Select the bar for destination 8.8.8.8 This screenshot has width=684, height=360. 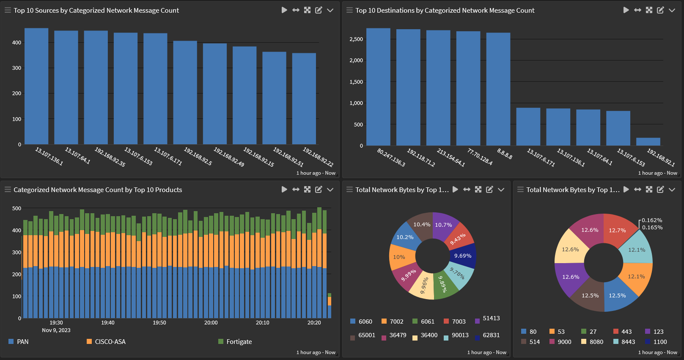point(498,89)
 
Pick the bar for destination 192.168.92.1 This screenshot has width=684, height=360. point(648,142)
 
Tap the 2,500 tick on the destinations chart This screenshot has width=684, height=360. point(356,39)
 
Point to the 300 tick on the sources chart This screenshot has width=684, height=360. point(16,68)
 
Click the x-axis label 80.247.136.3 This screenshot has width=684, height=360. point(391,157)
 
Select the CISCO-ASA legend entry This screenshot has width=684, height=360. point(110,342)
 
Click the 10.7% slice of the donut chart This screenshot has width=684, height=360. point(443,225)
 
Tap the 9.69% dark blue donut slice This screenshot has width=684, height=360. point(462,256)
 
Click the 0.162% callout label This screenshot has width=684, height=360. point(652,220)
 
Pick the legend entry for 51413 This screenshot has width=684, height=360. point(491,319)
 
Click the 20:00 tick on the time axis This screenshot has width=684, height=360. point(211,323)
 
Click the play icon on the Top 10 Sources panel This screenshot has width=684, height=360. point(284,10)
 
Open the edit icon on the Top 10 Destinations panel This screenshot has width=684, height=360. point(660,10)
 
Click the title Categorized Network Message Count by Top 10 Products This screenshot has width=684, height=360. point(98,190)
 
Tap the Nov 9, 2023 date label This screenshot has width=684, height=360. point(56,330)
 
